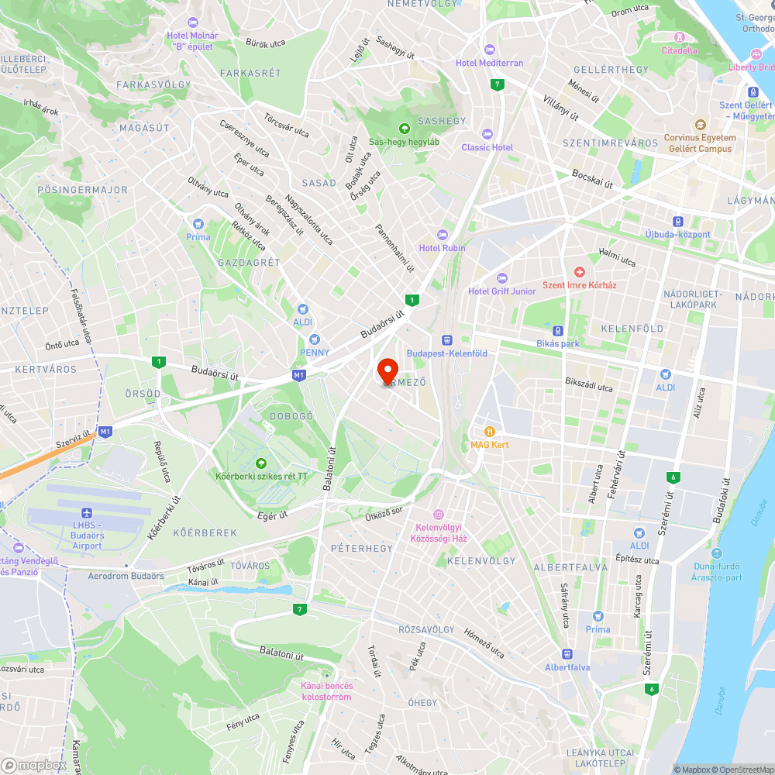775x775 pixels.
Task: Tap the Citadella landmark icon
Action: pyautogui.click(x=679, y=37)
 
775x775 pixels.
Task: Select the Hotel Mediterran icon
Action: pyautogui.click(x=489, y=50)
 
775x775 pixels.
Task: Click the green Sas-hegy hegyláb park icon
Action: pyautogui.click(x=403, y=128)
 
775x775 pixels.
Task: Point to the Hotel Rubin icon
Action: pyautogui.click(x=443, y=234)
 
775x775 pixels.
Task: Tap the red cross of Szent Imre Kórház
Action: pyautogui.click(x=579, y=271)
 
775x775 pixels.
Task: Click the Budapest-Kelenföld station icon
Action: pyautogui.click(x=446, y=339)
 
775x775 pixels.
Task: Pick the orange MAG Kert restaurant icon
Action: pyautogui.click(x=489, y=431)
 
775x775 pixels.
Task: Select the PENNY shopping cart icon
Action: pyautogui.click(x=314, y=339)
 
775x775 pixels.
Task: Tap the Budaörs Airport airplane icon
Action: pyautogui.click(x=87, y=513)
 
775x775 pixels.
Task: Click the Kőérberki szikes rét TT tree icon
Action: pyautogui.click(x=261, y=463)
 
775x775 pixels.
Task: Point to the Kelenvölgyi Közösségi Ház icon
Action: pyautogui.click(x=438, y=515)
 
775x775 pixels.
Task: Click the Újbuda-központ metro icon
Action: pyautogui.click(x=678, y=221)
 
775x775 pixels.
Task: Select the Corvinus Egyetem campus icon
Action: pyautogui.click(x=700, y=125)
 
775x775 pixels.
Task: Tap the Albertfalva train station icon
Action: pyautogui.click(x=567, y=653)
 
